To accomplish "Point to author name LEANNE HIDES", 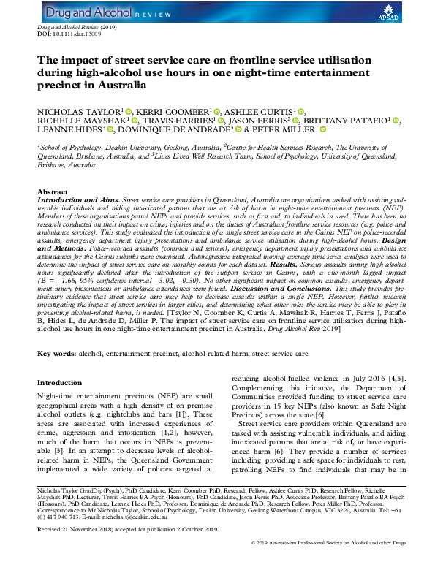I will [x=69, y=130].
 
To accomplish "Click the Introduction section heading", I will [x=60, y=381].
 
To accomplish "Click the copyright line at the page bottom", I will [x=340, y=563].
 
